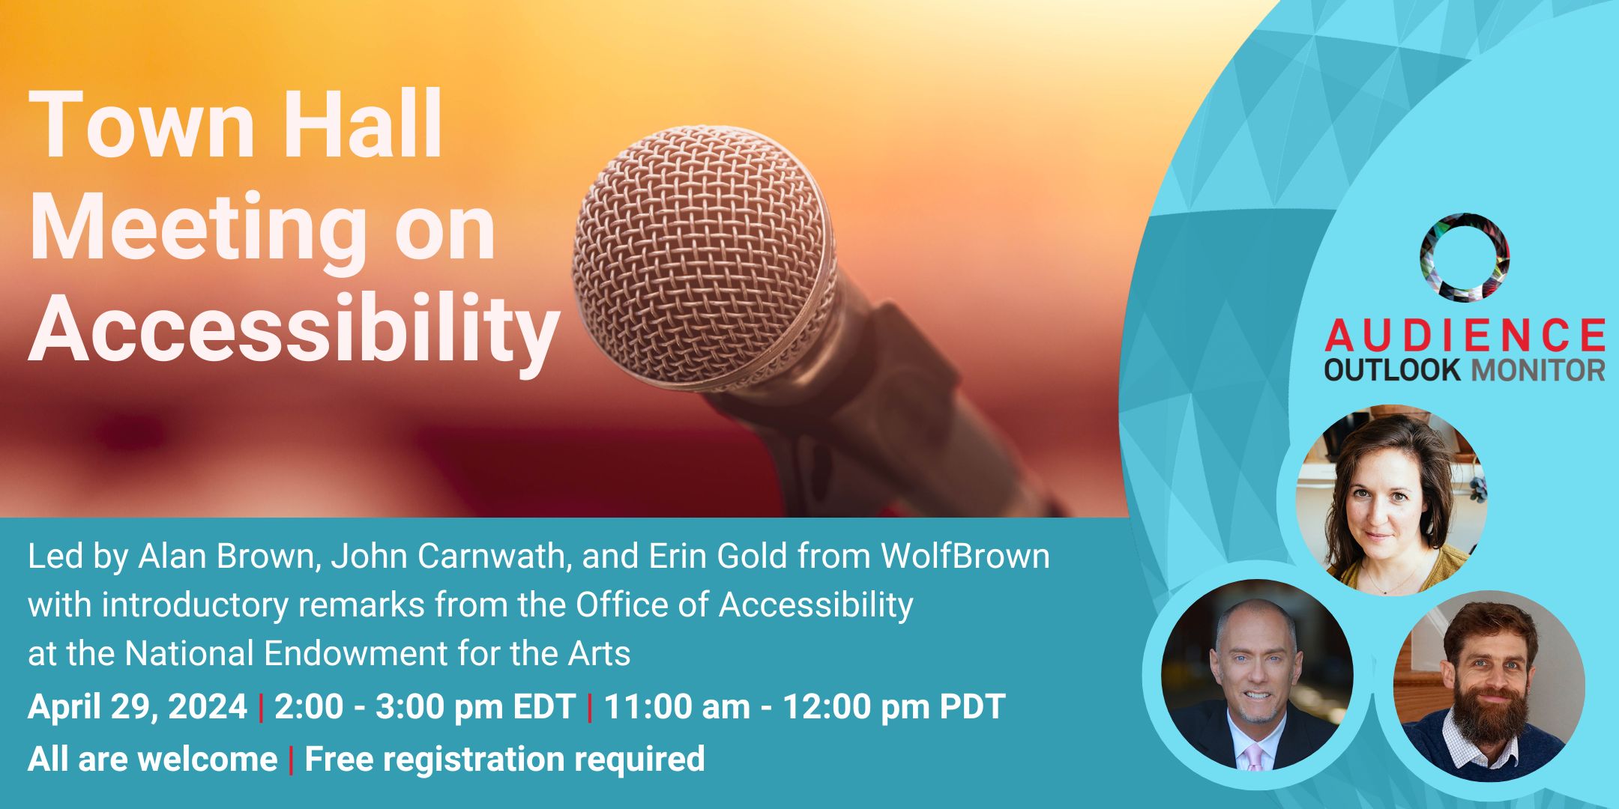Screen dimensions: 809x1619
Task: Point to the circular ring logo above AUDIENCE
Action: click(x=1464, y=258)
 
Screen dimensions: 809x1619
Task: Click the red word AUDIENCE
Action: click(x=1464, y=335)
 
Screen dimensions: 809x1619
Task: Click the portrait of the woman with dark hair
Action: click(x=1392, y=500)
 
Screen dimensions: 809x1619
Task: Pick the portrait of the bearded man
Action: click(x=1489, y=685)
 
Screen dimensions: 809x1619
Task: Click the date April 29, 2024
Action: click(x=137, y=706)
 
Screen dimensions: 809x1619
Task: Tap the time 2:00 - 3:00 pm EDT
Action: click(x=424, y=706)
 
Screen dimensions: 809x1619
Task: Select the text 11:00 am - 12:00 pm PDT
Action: click(x=804, y=706)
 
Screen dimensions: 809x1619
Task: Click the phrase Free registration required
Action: click(x=504, y=759)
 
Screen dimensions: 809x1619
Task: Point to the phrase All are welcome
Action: click(x=152, y=759)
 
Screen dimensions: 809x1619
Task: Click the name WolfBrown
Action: click(x=965, y=557)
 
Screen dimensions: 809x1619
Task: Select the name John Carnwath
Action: click(x=447, y=557)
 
